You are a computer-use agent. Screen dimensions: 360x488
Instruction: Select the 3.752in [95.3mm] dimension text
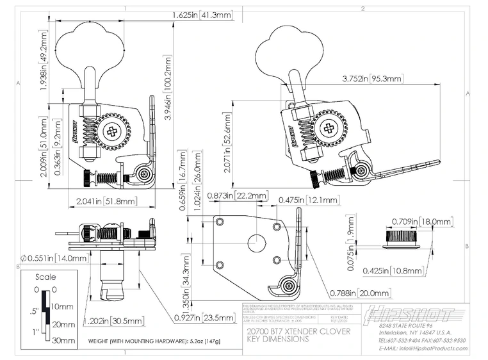click(371, 79)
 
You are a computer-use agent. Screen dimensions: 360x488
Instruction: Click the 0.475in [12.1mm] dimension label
click(309, 200)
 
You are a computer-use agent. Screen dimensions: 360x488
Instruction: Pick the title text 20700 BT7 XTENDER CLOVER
click(289, 332)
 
